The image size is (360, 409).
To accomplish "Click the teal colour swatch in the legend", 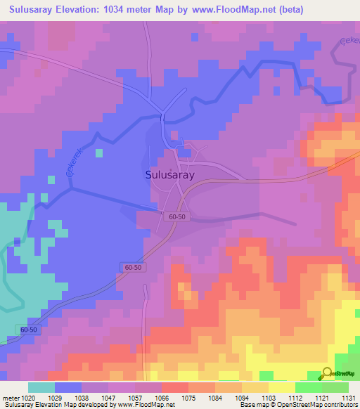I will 41,387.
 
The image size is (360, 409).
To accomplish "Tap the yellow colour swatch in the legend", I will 282,387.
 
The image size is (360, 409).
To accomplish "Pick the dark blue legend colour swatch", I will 68,387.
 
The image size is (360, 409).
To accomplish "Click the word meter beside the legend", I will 9,398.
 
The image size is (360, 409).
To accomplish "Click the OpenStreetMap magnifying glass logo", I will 327,373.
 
